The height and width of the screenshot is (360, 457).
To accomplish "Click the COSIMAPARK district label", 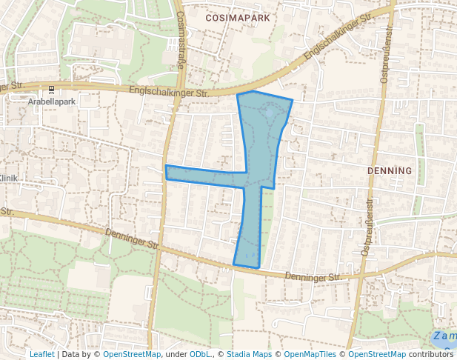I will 237,16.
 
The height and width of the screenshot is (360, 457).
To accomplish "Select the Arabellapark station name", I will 52,101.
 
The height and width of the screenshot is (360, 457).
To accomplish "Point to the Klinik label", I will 8,178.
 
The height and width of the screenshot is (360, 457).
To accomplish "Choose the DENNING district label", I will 390,170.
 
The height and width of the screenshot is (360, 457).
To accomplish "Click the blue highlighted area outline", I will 259,148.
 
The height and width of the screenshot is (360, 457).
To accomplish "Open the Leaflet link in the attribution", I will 41,354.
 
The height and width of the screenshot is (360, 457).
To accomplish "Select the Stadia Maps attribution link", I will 247,354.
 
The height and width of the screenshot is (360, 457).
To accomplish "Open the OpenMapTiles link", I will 310,354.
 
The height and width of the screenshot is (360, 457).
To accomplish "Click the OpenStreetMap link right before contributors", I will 377,354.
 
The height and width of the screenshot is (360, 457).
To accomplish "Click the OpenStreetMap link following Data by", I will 132,354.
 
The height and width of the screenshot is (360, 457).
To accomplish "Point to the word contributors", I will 430,354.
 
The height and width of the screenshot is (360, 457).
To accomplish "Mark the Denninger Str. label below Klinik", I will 133,239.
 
